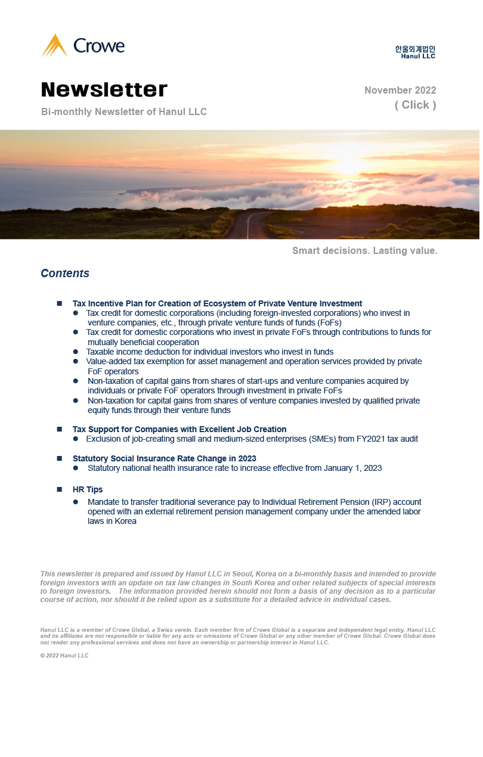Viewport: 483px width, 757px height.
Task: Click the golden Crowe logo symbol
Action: [54, 46]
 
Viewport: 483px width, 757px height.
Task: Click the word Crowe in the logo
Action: [99, 46]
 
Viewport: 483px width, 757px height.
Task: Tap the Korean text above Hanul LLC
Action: [415, 49]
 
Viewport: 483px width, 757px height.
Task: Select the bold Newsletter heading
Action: [104, 90]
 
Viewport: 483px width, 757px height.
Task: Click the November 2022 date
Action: [400, 91]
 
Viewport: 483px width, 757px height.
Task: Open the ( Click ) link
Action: [415, 105]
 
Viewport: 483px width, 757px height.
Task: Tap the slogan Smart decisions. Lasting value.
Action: [365, 251]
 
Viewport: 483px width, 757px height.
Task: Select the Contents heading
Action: [65, 274]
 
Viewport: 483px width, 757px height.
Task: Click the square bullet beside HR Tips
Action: [60, 489]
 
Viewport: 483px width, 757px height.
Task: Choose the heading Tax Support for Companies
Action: [179, 429]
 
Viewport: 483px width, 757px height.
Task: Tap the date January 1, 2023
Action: [353, 469]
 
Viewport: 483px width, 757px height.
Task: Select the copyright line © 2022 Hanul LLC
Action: [64, 656]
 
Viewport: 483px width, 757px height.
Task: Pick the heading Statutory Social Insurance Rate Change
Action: [165, 458]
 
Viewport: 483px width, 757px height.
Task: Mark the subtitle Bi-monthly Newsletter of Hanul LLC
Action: [124, 112]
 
